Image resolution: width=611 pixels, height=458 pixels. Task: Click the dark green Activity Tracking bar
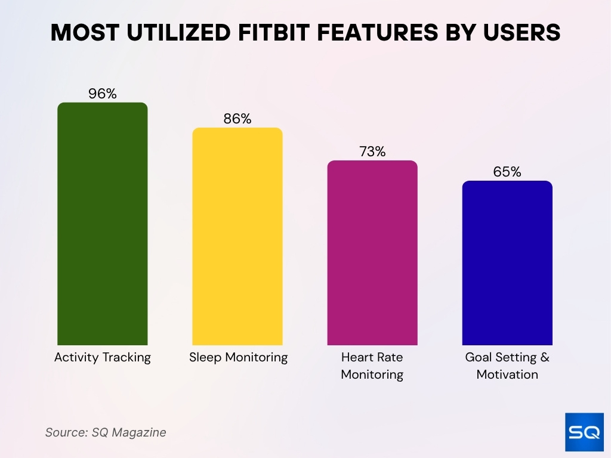click(x=102, y=224)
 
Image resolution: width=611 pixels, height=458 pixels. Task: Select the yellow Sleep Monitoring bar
click(x=237, y=236)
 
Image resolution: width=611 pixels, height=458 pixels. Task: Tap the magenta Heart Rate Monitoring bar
click(x=372, y=253)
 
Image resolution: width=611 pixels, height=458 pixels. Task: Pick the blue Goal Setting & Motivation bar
click(x=507, y=263)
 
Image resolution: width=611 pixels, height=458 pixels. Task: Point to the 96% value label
click(x=102, y=94)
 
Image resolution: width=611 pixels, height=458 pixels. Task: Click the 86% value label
click(x=237, y=119)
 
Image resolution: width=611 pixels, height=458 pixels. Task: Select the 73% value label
click(x=372, y=151)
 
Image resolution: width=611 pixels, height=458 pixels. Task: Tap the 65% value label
click(x=507, y=172)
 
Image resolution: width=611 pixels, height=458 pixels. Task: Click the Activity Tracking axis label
click(x=102, y=357)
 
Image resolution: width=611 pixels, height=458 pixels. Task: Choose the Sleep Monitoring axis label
click(x=238, y=357)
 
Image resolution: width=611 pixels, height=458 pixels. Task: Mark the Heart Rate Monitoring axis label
click(x=372, y=366)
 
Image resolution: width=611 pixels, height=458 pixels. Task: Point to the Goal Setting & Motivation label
click(x=507, y=366)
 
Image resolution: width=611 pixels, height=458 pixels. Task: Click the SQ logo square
click(x=584, y=432)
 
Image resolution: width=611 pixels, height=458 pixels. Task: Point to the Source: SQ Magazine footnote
click(x=106, y=432)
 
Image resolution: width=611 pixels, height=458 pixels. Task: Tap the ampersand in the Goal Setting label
click(x=544, y=358)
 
